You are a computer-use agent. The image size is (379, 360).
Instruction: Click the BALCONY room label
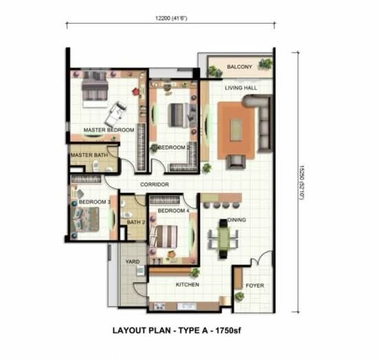coord(239,67)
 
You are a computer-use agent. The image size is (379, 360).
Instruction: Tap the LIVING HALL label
coord(240,88)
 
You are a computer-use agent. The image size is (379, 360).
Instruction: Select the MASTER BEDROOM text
coord(109,130)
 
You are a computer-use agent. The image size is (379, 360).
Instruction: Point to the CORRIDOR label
coord(154,184)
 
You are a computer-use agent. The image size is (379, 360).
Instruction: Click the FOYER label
coord(255,286)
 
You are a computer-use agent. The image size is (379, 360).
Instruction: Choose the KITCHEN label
coord(187,285)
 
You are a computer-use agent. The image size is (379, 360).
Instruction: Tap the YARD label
coord(132,261)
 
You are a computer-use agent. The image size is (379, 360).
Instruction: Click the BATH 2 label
coord(136,222)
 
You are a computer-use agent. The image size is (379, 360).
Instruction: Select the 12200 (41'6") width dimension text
coord(171,18)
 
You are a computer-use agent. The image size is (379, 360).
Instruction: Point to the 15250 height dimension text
coord(301,183)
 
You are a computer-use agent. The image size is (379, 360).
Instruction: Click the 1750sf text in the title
coord(228,330)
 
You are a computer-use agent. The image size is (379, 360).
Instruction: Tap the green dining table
coord(223,239)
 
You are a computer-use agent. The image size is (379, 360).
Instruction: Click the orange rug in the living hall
coord(236,130)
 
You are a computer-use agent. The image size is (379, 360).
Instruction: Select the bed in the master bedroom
coord(94,89)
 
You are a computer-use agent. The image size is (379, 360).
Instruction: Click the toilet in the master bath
coord(96,166)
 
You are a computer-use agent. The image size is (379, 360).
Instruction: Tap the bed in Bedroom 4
coord(164,237)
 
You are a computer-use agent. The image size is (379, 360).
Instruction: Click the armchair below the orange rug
coord(236,161)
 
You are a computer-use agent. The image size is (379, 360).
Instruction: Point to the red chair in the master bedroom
coord(136,92)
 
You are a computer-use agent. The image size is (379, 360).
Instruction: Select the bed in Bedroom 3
coord(85,220)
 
